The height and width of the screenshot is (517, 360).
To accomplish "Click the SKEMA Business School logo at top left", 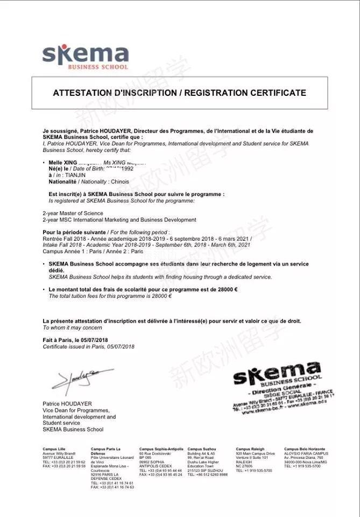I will pos(85,57).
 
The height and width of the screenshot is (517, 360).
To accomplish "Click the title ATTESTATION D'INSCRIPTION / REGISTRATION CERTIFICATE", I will pos(179,93).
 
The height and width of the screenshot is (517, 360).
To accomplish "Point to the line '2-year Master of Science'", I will pos(73,213).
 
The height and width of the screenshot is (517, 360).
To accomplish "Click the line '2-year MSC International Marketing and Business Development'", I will pos(119,220).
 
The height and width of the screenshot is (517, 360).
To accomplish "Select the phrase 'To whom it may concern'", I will pos(72,327).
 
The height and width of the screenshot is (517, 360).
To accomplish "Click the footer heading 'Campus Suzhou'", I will pos(202,449).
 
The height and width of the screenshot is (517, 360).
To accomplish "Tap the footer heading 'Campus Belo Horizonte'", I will pos(306,449).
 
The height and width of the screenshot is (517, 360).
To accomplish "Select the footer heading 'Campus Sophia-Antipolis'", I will pos(161,449).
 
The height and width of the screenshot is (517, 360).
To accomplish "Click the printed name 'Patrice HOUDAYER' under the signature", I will pos(67,403).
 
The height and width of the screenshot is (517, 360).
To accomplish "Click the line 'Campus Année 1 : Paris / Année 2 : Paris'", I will pos(93,251).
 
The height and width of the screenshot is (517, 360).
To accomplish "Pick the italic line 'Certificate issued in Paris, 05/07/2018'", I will pos(88,346).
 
